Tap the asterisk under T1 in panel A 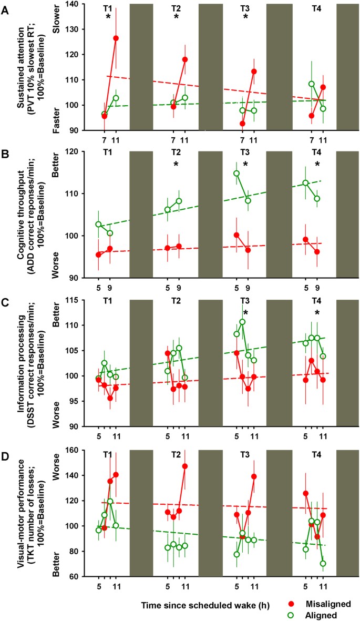[x=108, y=17]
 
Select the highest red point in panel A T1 [x=116, y=38]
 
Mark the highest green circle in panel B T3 [x=236, y=173]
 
